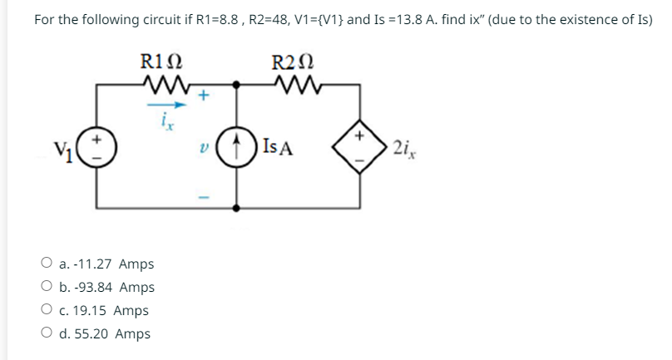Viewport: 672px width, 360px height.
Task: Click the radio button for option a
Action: pos(47,264)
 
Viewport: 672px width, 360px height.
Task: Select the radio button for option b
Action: pos(47,288)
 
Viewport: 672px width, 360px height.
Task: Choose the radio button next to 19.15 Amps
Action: pos(47,311)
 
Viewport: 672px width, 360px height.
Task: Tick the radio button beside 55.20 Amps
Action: pos(47,334)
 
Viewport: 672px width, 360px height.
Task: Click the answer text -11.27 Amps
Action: pos(106,264)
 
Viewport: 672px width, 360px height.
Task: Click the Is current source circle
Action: pos(238,150)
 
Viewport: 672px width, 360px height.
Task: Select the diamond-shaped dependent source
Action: pos(360,150)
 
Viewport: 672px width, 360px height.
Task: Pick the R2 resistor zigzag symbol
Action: pos(292,84)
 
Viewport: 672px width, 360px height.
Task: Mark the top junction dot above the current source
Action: pos(238,84)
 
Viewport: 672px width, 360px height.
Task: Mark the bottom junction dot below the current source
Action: pos(238,207)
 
